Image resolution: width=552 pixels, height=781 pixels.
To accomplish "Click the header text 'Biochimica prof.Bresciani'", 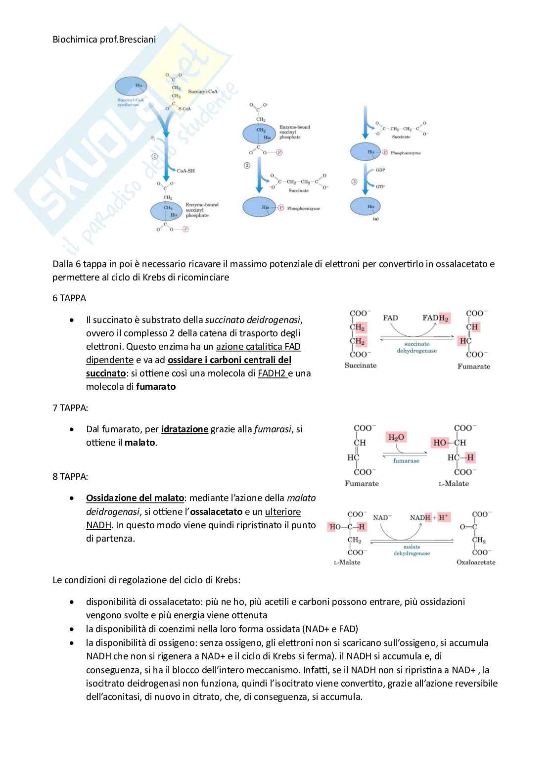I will (104, 39).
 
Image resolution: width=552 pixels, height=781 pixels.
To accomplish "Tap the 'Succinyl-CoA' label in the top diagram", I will (203, 92).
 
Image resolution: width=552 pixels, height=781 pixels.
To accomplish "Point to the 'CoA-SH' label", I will (186, 171).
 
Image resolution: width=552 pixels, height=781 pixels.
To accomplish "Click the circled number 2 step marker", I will (247, 165).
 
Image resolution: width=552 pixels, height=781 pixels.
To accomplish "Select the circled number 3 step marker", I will (354, 182).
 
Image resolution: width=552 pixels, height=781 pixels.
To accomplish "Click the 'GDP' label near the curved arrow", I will (380, 170).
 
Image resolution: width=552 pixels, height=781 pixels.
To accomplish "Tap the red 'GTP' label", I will (380, 186).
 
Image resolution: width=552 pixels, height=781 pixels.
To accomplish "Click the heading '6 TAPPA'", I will (69, 298).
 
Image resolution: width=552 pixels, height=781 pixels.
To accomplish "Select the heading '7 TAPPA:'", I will (70, 408).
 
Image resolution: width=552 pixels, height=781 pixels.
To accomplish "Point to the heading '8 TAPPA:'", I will (70, 477).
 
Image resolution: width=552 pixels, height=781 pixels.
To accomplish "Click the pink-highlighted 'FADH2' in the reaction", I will (435, 318).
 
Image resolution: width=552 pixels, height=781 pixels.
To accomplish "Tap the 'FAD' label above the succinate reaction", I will (390, 318).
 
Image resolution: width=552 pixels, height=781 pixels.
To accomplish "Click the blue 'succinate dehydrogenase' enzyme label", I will (416, 347).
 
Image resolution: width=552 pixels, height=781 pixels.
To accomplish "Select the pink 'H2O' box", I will (396, 437).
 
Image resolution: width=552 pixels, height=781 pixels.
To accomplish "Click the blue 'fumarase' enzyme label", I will (406, 460).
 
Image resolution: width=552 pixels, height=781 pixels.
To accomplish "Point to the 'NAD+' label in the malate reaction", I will (382, 517).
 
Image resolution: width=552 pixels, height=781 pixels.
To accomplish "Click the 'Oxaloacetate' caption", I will (476, 562).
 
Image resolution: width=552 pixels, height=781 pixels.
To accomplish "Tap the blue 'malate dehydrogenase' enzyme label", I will (412, 550).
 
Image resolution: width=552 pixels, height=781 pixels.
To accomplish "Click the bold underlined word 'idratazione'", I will (184, 429).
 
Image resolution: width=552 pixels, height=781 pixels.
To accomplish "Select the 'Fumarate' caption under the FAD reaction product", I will (474, 367).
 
